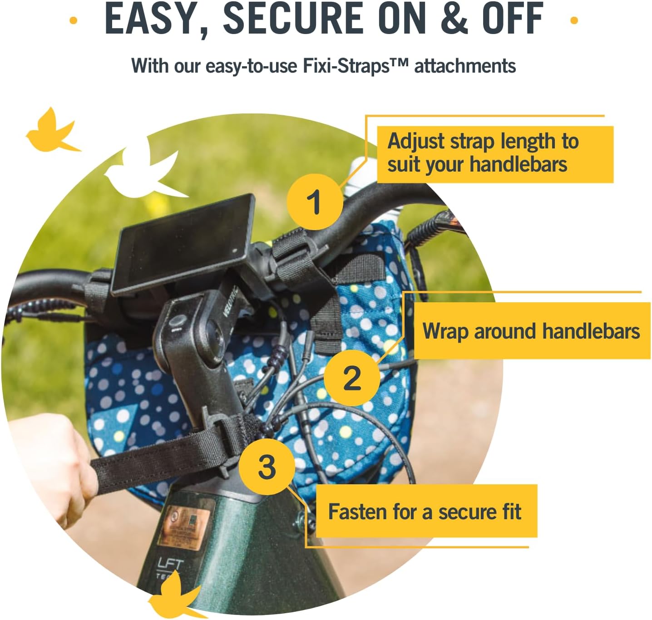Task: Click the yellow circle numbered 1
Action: pyautogui.click(x=315, y=202)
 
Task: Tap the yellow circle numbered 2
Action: pyautogui.click(x=352, y=378)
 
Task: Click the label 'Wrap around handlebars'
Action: pyautogui.click(x=531, y=331)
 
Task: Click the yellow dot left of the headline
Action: pyautogui.click(x=73, y=20)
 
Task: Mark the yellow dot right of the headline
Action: pyautogui.click(x=574, y=20)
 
